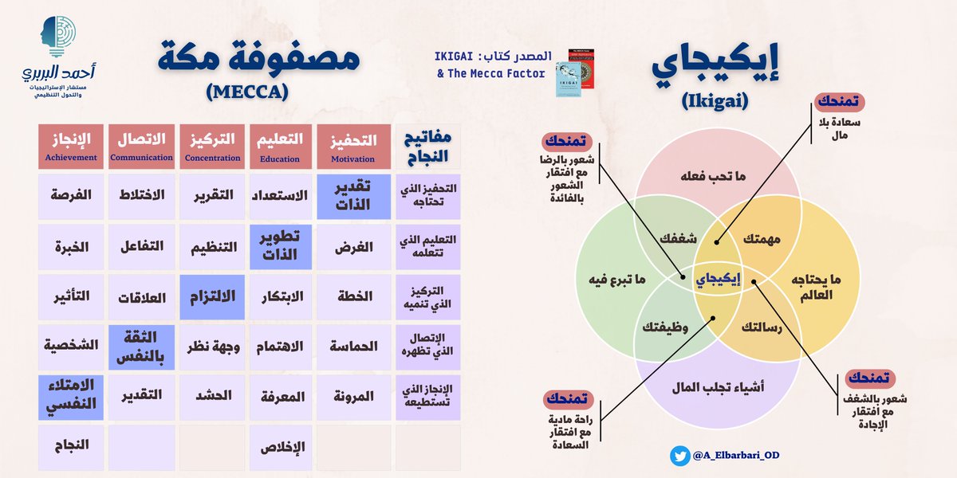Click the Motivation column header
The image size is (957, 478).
(x=352, y=147)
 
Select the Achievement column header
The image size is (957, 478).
(x=70, y=147)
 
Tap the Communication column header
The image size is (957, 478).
(x=140, y=147)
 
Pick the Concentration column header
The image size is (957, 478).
(x=211, y=147)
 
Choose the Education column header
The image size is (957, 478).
(x=282, y=147)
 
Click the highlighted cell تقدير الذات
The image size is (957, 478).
(x=352, y=197)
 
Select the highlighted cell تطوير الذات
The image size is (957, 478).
(x=282, y=247)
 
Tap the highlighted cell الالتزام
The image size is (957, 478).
(x=211, y=297)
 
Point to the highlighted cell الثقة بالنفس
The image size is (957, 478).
(x=140, y=347)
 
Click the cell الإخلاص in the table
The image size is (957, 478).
(x=282, y=447)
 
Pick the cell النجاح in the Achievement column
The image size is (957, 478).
(x=70, y=447)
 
